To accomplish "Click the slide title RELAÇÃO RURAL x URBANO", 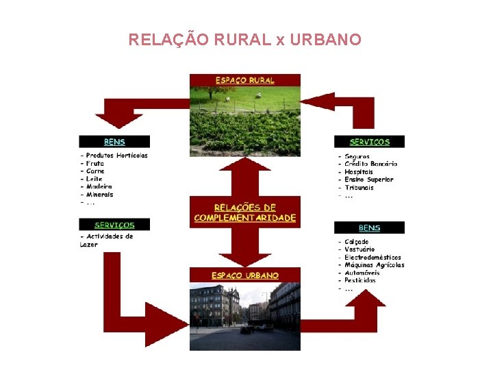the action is (x=244, y=40).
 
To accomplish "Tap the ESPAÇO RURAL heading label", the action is (x=244, y=80).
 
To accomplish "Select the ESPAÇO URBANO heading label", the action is (x=244, y=275).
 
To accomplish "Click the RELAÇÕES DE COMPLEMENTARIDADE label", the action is (x=244, y=212).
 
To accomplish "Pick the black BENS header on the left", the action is (x=114, y=142).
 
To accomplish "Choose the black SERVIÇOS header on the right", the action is (x=369, y=142).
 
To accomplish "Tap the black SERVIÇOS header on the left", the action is (x=114, y=224).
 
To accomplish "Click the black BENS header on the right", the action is (x=369, y=227).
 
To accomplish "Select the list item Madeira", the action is (x=99, y=186).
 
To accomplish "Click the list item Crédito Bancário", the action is (x=370, y=164).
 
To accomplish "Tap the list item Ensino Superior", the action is (x=369, y=180).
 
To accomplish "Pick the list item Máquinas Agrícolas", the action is (x=374, y=265).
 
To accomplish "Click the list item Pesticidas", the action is (x=360, y=280).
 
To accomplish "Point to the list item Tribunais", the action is (x=359, y=188).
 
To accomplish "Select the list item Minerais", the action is (x=100, y=195).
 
